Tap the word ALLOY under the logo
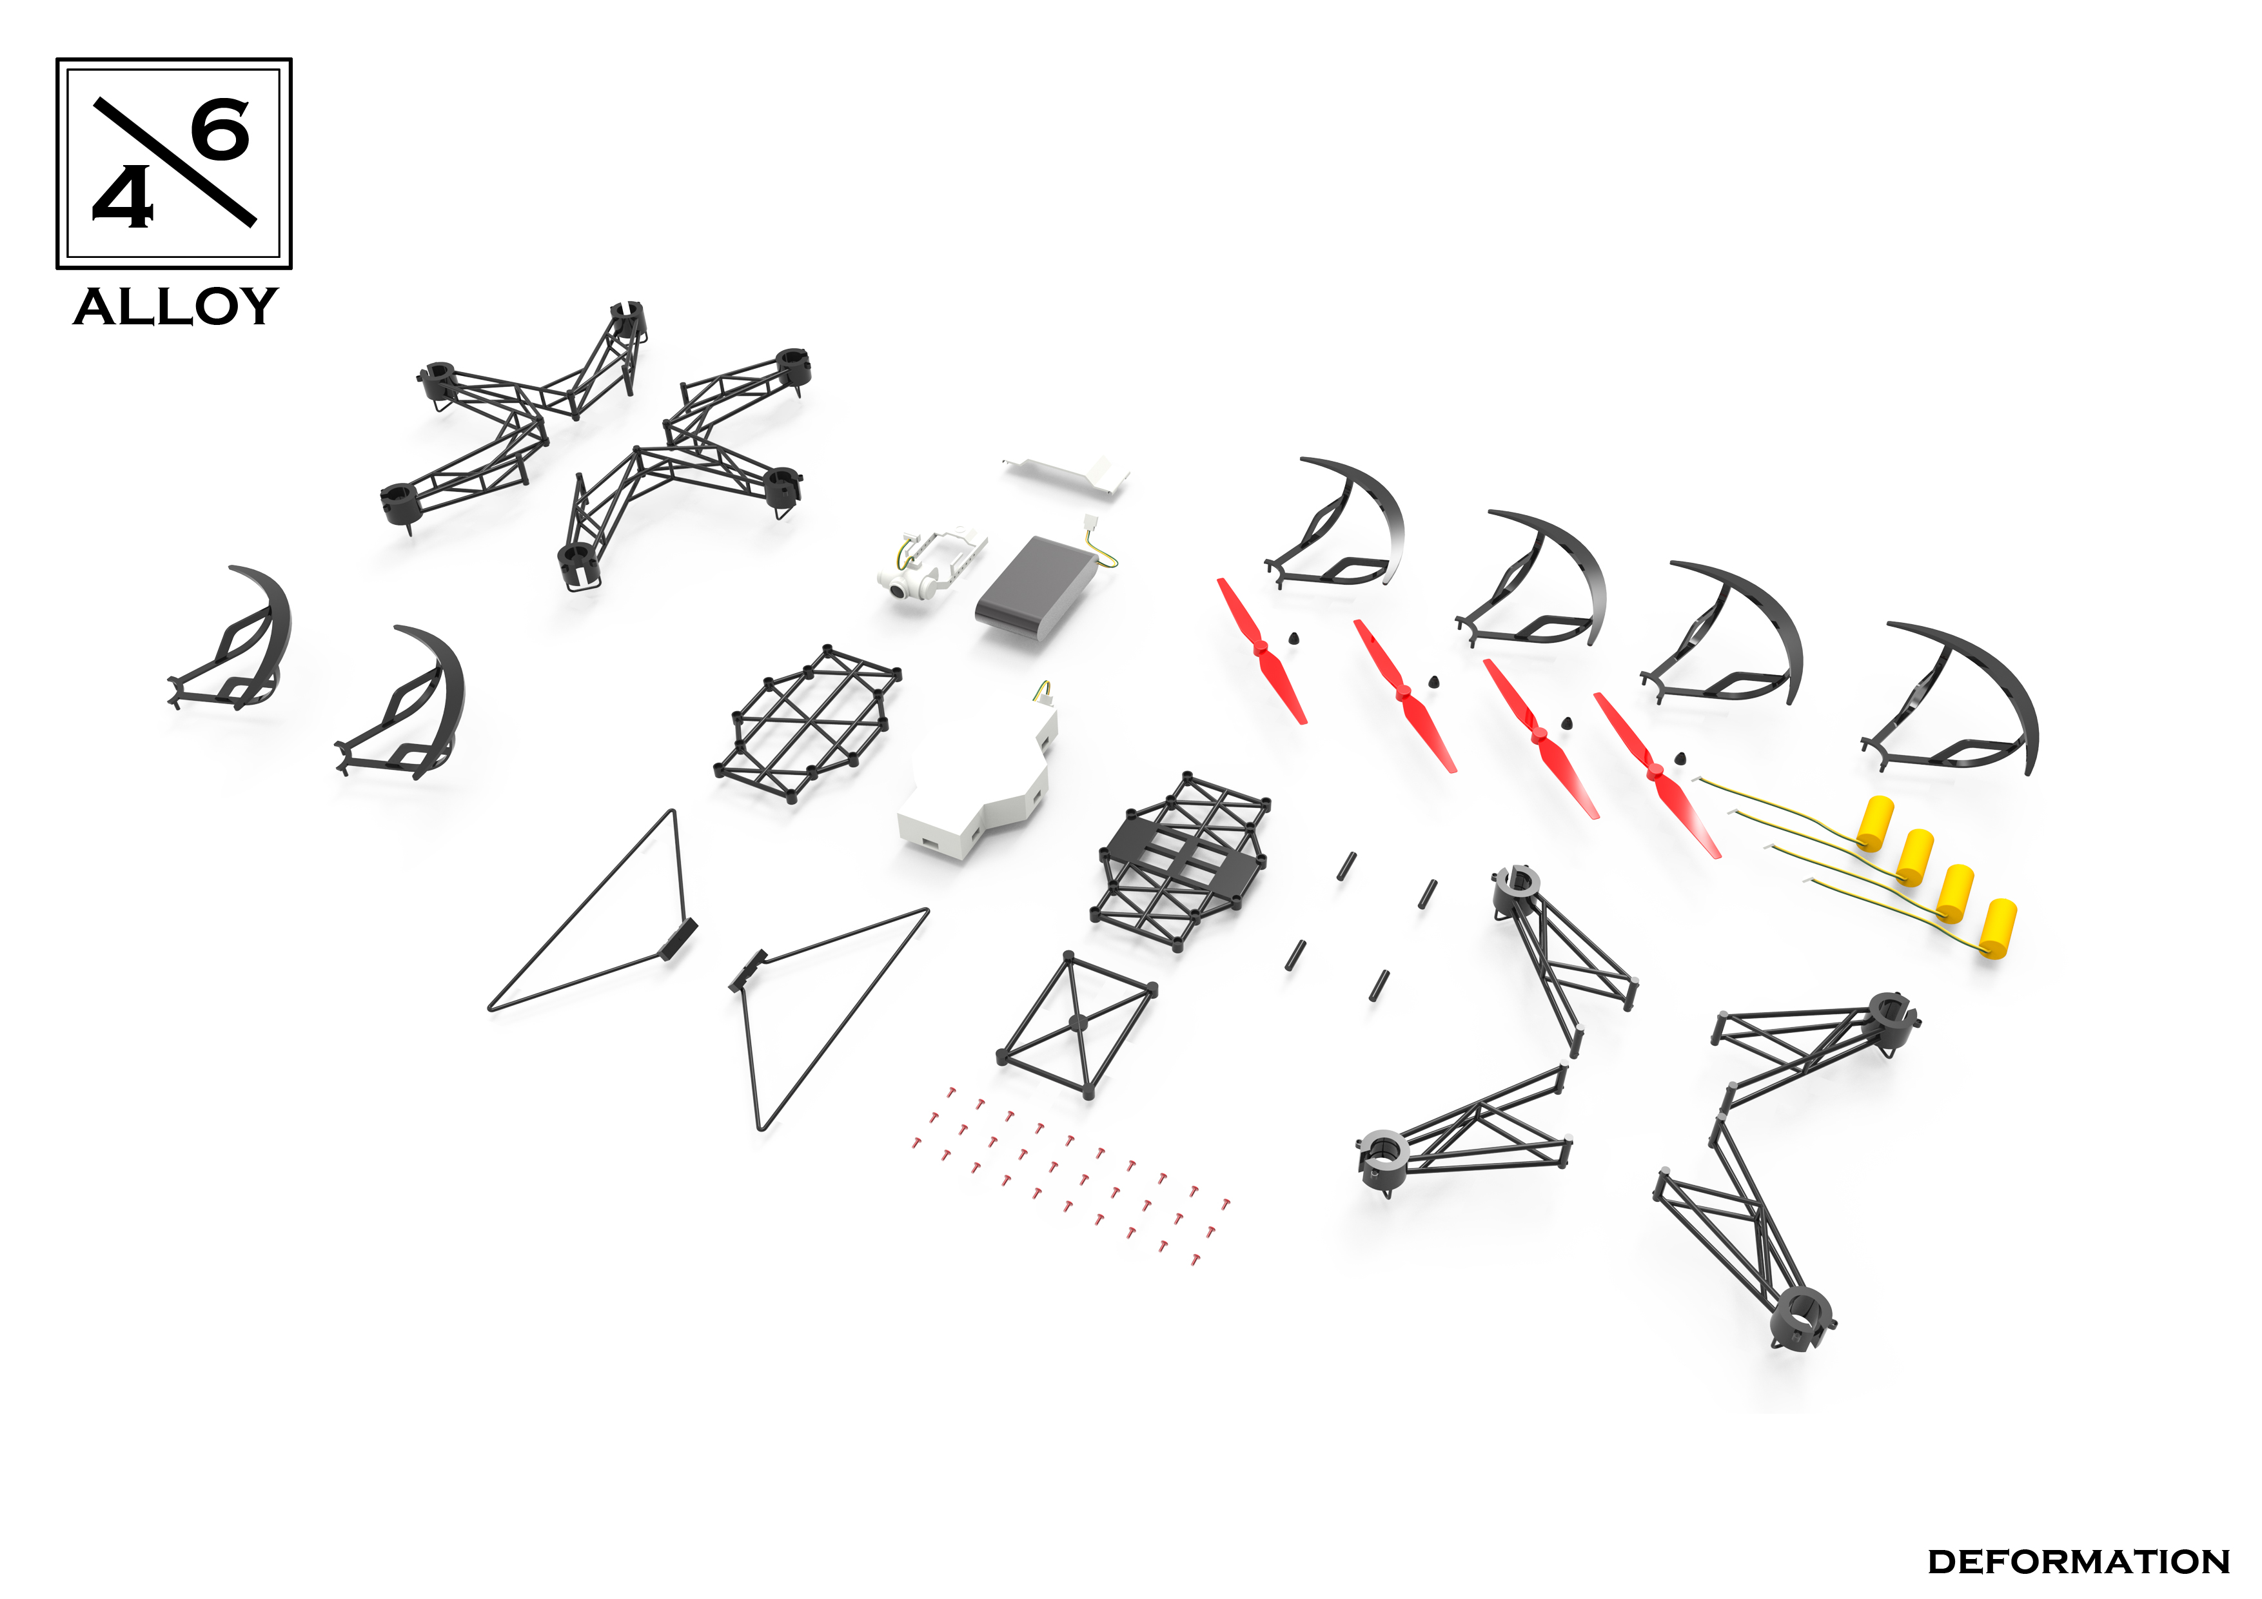175,308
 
